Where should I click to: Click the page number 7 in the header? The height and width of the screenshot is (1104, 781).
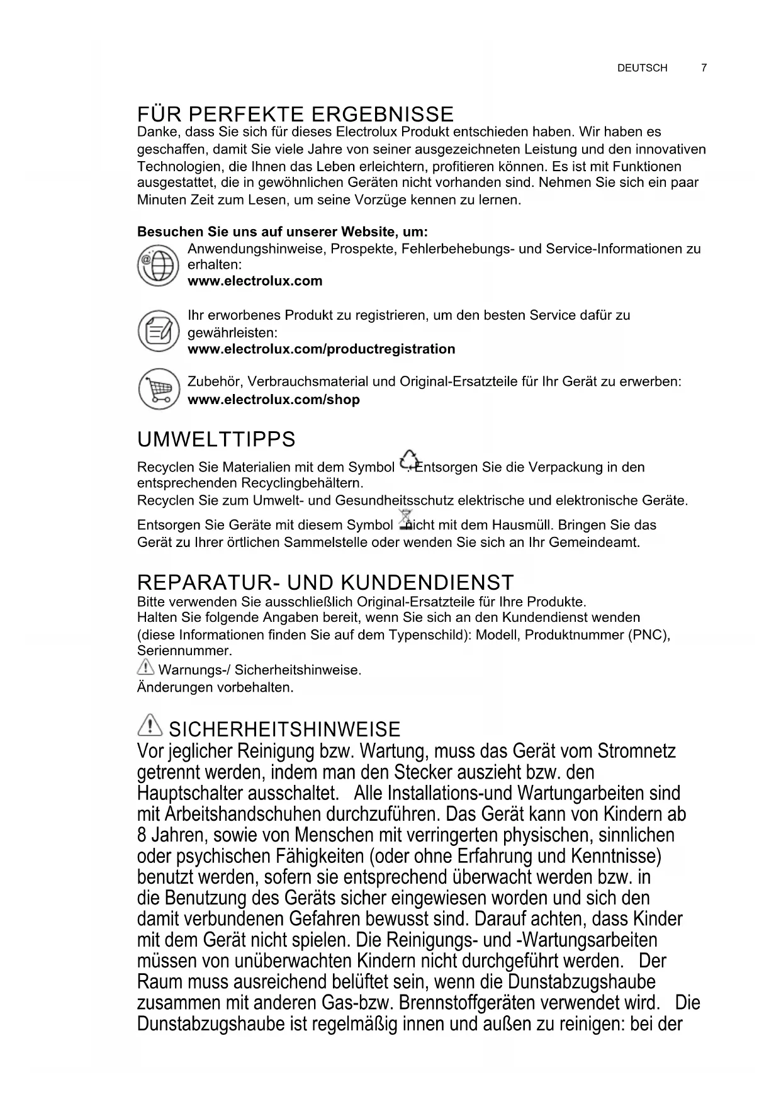[x=704, y=68]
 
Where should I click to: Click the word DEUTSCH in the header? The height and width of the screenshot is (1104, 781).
[x=642, y=68]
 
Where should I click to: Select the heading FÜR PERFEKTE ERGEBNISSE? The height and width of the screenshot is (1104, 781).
[x=295, y=115]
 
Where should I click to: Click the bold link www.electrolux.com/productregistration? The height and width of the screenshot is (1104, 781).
[x=321, y=349]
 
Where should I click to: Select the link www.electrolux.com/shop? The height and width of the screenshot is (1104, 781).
[x=274, y=400]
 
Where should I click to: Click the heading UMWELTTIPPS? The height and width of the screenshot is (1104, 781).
[x=216, y=439]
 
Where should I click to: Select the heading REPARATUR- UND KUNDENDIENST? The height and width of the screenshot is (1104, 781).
[x=325, y=582]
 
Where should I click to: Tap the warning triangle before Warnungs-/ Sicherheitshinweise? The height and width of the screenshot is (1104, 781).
[x=145, y=668]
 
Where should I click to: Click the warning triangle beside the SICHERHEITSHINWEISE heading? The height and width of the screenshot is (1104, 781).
[x=149, y=727]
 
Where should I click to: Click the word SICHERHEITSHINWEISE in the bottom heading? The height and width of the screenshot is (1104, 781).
[x=284, y=729]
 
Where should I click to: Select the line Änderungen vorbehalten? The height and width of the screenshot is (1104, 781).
[x=215, y=687]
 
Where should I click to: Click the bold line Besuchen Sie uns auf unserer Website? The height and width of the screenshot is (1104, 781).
[x=283, y=232]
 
